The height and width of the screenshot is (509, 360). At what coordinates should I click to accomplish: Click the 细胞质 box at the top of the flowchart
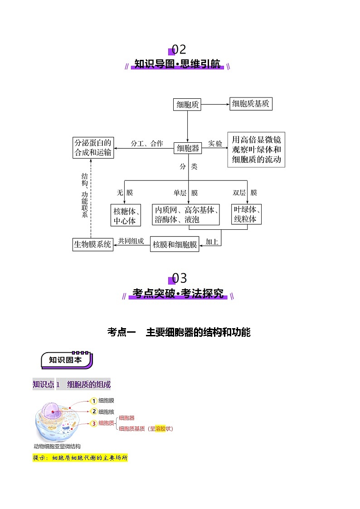[x=187, y=105]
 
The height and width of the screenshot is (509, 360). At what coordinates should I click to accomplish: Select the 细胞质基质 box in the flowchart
[x=251, y=104]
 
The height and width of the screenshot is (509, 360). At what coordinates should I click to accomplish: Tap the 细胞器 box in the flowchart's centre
[x=188, y=148]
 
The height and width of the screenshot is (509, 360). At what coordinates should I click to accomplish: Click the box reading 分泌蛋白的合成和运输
[x=93, y=148]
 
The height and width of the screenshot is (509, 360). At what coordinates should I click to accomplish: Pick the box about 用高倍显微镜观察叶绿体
[x=256, y=150]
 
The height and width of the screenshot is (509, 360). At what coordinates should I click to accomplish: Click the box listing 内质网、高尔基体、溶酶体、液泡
[x=186, y=214]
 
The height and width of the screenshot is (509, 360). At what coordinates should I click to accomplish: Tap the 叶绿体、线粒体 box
[x=246, y=214]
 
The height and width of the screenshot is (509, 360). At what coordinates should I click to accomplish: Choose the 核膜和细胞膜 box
[x=175, y=244]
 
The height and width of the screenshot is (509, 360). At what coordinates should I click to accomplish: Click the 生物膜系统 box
[x=93, y=244]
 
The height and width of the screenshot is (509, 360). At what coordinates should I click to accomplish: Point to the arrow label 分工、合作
[x=147, y=144]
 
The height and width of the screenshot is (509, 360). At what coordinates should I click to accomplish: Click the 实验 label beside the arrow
[x=215, y=144]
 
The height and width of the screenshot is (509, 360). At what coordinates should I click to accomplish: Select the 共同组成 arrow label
[x=131, y=241]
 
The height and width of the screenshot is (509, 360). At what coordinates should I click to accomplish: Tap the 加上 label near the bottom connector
[x=212, y=242]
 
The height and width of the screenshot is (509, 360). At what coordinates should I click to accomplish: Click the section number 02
[x=179, y=50]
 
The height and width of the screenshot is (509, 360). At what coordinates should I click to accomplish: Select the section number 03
[x=179, y=278]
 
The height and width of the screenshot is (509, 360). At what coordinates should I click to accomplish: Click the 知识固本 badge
[x=67, y=360]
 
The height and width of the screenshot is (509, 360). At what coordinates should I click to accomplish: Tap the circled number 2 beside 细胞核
[x=94, y=412]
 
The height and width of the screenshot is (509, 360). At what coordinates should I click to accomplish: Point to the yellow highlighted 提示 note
[x=80, y=458]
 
